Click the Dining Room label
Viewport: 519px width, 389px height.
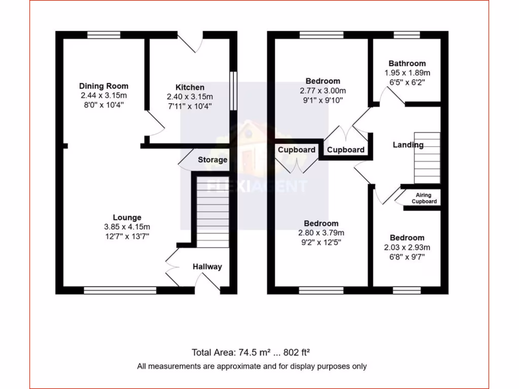[103, 86]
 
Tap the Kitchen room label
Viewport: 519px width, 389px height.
[190, 88]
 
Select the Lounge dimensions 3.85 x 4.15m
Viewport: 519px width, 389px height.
[127, 227]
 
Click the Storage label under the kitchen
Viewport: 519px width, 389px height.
[212, 160]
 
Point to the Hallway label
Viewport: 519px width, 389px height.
[207, 266]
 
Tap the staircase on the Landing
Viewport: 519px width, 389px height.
[427, 158]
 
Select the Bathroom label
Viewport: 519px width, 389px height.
[407, 64]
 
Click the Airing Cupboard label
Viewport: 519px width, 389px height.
[424, 198]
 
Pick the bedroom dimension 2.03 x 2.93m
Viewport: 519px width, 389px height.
[407, 248]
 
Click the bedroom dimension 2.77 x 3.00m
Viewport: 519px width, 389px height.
[323, 91]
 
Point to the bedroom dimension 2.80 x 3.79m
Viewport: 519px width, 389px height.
[321, 233]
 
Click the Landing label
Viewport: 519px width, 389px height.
[408, 145]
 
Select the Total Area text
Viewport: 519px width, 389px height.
[251, 353]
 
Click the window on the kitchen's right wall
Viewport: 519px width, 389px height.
[233, 90]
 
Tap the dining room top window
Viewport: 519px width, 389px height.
[103, 35]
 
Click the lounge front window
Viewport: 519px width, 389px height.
[120, 291]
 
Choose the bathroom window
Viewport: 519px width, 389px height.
[407, 35]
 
